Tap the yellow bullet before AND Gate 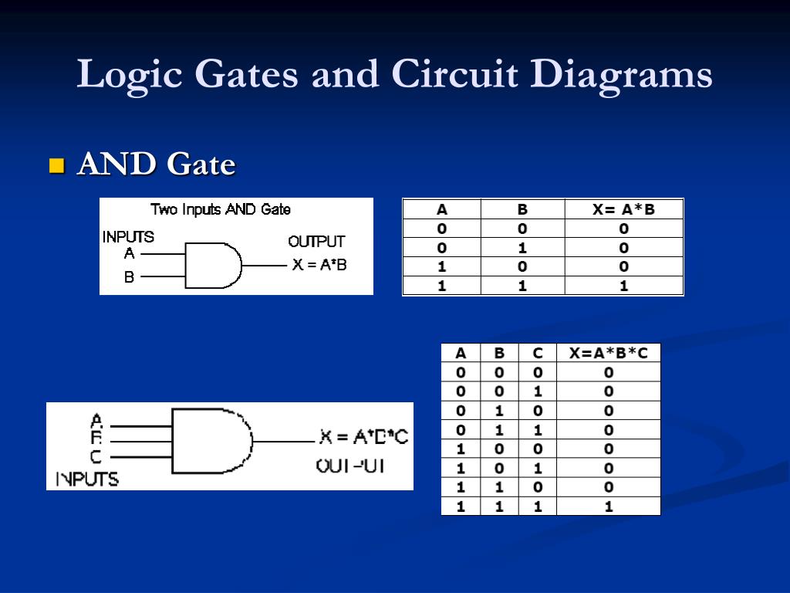tap(56, 165)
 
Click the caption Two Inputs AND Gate tap(221, 209)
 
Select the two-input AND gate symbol tap(212, 265)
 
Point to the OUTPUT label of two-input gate tap(316, 242)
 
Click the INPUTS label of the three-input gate tap(87, 479)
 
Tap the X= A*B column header tap(623, 209)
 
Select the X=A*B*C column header tap(608, 354)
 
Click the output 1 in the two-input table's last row tap(623, 286)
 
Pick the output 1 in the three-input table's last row tap(608, 507)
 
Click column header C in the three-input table tap(538, 354)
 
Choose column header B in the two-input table tap(522, 209)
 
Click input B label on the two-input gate tap(130, 276)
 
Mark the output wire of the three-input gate tap(285, 442)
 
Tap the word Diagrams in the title tap(621, 75)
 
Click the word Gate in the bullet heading tap(201, 164)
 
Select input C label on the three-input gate tap(96, 457)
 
